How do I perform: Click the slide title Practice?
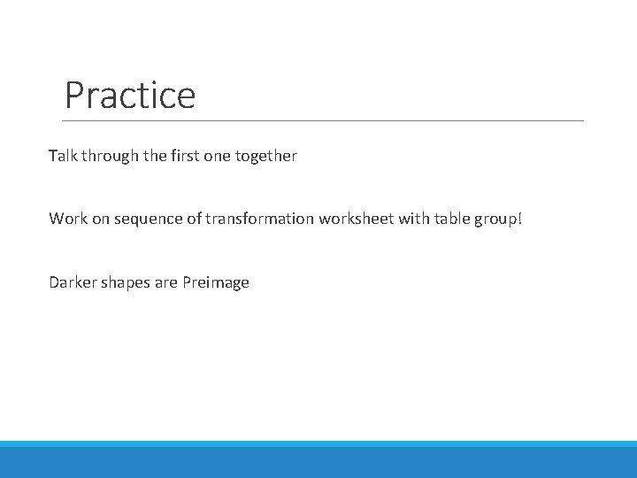pos(130,95)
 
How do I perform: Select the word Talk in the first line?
pos(63,156)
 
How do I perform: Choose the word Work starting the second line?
pos(67,218)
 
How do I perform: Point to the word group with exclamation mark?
pos(500,220)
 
